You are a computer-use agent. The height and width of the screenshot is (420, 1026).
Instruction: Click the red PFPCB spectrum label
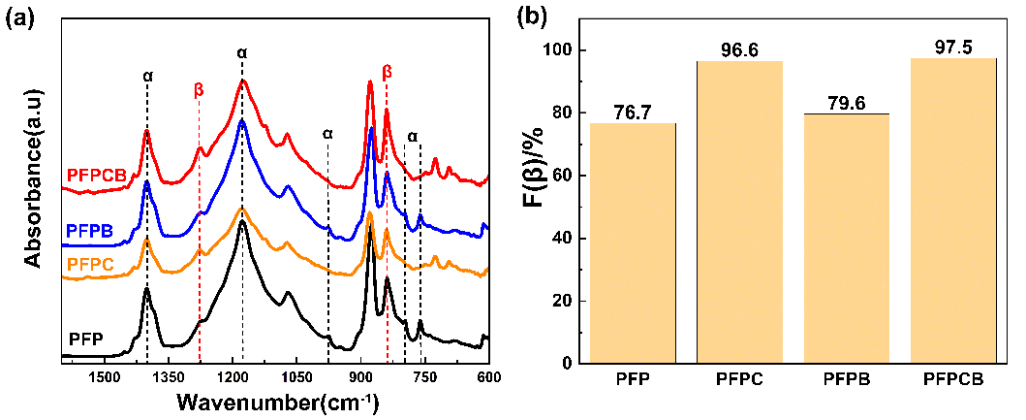(x=97, y=176)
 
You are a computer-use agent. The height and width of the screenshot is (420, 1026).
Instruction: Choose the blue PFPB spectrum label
(x=92, y=232)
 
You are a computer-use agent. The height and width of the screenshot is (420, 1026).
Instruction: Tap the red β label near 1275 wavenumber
(x=199, y=89)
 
